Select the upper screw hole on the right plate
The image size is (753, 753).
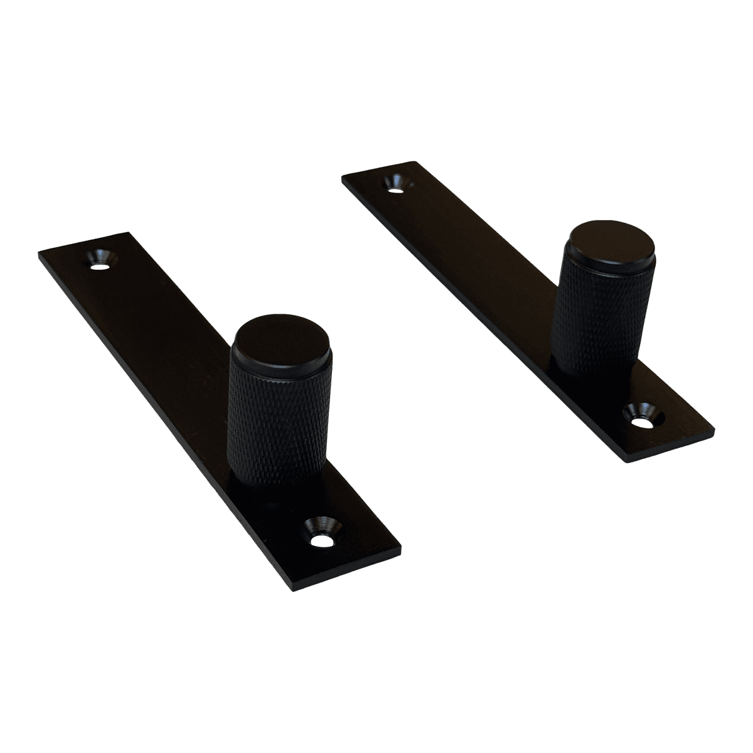(x=397, y=183)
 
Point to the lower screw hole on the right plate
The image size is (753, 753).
(x=642, y=417)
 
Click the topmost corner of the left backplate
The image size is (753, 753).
(x=131, y=233)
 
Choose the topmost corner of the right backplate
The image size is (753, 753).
(x=416, y=161)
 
